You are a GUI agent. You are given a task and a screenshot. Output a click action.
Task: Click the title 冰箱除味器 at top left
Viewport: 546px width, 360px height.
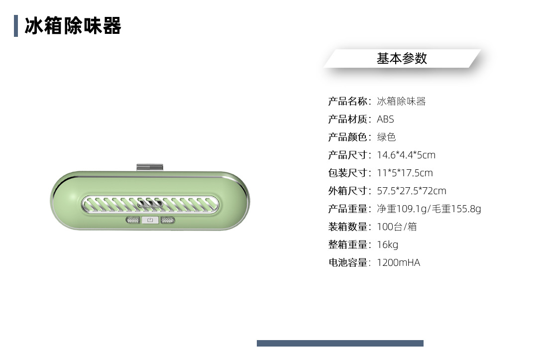point(73,26)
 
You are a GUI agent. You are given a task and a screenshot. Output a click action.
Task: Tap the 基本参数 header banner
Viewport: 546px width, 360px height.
point(402,58)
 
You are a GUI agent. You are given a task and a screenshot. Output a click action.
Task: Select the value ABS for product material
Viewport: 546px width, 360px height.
point(385,120)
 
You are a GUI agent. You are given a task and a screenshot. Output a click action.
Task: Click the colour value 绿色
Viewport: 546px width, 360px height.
point(386,137)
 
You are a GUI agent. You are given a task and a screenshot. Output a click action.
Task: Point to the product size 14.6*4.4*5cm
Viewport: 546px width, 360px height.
point(406,155)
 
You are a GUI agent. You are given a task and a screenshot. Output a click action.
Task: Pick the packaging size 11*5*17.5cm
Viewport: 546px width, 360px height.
point(405,173)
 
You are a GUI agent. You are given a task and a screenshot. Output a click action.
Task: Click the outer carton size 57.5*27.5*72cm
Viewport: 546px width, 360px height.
point(411,191)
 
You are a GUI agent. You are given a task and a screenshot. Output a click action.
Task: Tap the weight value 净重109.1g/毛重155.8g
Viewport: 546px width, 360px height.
point(429,209)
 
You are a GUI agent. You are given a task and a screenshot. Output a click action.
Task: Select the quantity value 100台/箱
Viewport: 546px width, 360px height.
point(397,227)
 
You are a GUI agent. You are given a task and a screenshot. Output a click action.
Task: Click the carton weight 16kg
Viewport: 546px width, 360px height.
point(387,245)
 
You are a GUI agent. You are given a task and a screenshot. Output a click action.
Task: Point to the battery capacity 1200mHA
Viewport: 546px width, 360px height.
point(398,263)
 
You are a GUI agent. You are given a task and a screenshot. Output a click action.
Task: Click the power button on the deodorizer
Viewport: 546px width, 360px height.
point(150,220)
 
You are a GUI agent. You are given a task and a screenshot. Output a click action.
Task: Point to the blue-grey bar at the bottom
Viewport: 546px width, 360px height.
point(340,343)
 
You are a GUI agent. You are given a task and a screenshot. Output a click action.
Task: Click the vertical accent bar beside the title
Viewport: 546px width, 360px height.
point(16,26)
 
